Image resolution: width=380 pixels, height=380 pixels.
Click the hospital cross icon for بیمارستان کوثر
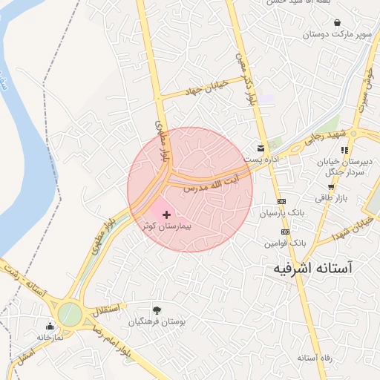click(166, 214)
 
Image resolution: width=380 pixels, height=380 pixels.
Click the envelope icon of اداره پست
click(260, 147)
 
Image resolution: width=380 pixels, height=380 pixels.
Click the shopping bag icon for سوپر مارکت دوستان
click(338, 23)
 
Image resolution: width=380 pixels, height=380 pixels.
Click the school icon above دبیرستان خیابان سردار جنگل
click(344, 150)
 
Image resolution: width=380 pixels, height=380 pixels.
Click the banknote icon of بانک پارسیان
click(281, 201)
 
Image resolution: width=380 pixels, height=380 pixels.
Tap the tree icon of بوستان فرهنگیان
click(157, 310)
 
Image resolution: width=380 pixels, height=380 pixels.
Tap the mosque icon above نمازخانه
click(50, 325)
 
